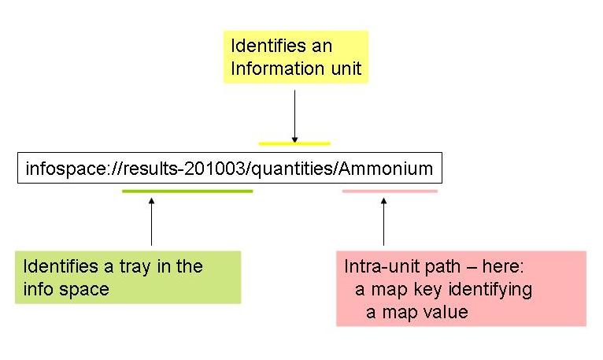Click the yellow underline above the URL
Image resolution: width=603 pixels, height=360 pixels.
[x=294, y=143]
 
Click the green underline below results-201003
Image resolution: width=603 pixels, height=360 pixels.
[x=187, y=191]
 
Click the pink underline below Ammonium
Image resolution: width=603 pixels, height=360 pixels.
[x=390, y=191]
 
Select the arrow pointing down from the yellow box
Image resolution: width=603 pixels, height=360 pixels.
[x=295, y=117]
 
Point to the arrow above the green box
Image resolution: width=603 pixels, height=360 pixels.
[x=151, y=222]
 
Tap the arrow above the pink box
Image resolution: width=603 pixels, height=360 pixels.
[x=384, y=222]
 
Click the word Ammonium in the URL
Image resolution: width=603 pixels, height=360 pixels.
[x=386, y=169]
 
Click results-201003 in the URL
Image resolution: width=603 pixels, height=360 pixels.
[x=184, y=169]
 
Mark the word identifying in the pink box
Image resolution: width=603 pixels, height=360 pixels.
[x=490, y=290]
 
